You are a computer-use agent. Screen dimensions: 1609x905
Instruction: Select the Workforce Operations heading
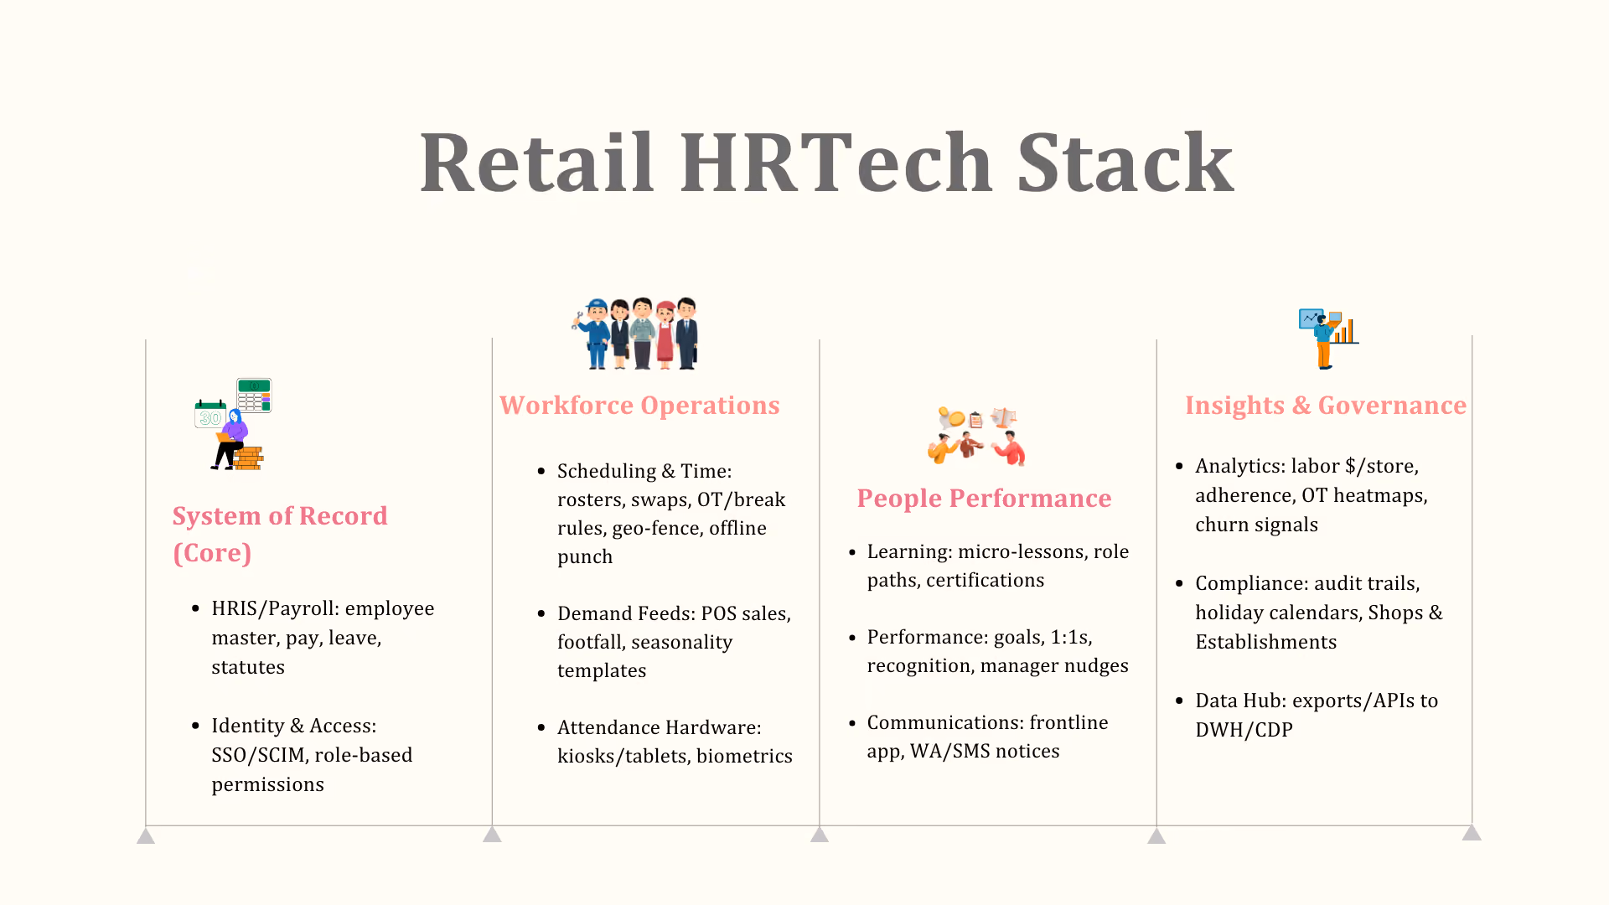(x=639, y=406)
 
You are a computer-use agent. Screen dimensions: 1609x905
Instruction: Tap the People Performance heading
(x=984, y=499)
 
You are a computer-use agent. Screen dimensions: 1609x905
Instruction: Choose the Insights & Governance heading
(x=1326, y=406)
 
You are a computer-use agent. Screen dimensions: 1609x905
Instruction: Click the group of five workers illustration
(x=635, y=334)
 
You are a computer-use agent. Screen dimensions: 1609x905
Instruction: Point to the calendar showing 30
(x=210, y=414)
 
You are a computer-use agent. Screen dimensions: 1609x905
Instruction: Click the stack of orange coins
(x=248, y=458)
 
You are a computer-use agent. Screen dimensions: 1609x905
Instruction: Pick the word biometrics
(x=744, y=756)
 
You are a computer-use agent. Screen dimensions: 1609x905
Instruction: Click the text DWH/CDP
(x=1244, y=730)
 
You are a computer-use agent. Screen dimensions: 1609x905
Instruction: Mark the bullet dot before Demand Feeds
(x=541, y=614)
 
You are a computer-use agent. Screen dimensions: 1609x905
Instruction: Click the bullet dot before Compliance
(x=1179, y=583)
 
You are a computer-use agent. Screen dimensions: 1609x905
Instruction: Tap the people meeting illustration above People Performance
(x=977, y=436)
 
